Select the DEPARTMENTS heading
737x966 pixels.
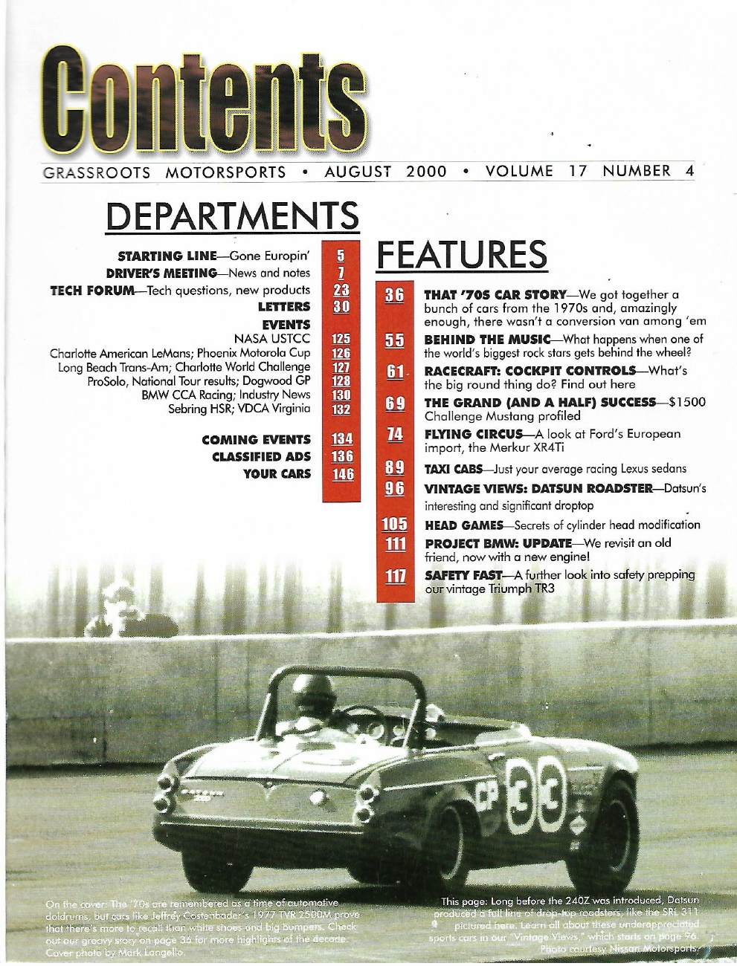(x=232, y=216)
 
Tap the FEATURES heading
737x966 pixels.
(x=462, y=255)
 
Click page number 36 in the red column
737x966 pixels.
(x=393, y=295)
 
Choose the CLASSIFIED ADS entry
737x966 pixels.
(x=261, y=456)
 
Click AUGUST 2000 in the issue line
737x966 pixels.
(x=386, y=172)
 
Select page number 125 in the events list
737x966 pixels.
(x=341, y=339)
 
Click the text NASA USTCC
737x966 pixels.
(x=271, y=339)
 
